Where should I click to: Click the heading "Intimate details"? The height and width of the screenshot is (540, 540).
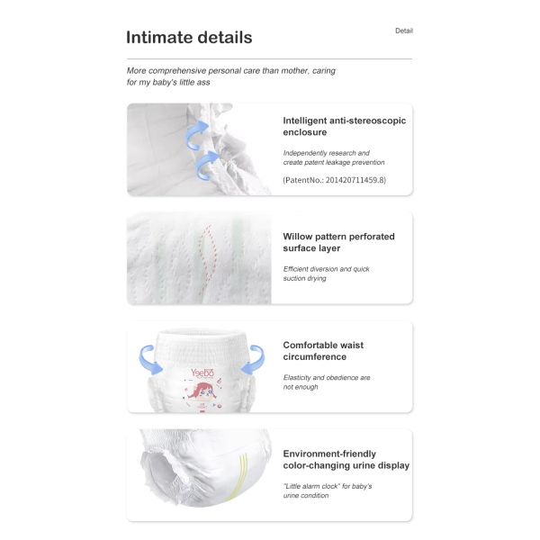pos(189,38)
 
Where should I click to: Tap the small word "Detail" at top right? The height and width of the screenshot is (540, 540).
pos(404,31)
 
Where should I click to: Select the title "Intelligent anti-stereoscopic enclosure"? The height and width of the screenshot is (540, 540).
pos(346,126)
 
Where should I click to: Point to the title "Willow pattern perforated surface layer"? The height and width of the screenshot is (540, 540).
pos(338,242)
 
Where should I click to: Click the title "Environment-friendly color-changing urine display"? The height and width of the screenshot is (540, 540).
pos(346,460)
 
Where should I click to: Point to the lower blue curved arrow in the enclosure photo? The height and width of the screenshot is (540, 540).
pos(210,165)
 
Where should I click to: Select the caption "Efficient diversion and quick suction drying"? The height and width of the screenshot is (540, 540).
pos(327,274)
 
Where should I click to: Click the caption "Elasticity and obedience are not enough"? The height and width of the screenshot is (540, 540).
pos(327,382)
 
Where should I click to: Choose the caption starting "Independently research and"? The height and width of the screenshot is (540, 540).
pos(326,153)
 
